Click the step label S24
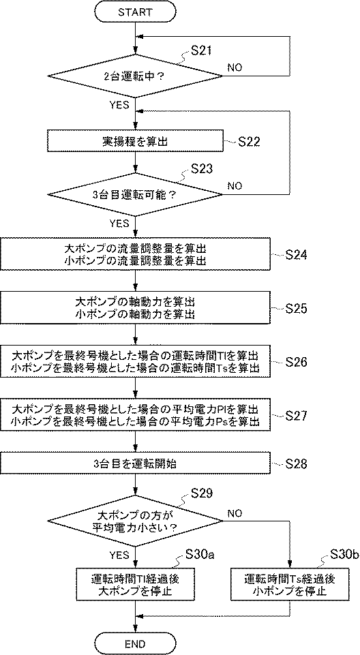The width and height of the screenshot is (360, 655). pos(295,255)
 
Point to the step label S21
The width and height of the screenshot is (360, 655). pos(202,50)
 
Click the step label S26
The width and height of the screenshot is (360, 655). pos(295,362)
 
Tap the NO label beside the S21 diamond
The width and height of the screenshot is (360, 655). pos(235,67)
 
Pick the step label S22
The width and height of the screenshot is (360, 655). pos(250,142)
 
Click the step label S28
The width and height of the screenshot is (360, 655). pos(295,463)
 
